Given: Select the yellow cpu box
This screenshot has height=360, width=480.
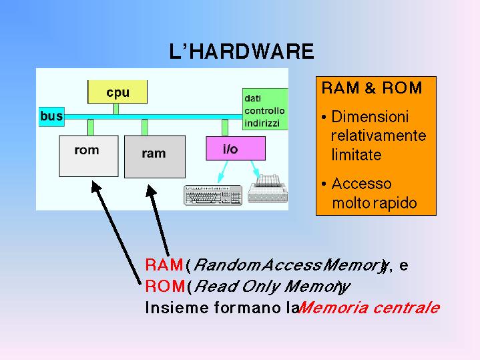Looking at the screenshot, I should coord(117,92).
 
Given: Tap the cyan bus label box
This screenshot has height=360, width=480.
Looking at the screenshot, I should coord(51,116).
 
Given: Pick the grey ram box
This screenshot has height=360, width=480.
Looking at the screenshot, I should coord(154,156).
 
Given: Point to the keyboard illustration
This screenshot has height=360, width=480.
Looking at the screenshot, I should coord(213,194).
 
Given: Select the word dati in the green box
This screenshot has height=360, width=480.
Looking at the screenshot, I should coord(252,98).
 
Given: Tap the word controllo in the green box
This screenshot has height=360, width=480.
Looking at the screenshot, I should coord(264,110).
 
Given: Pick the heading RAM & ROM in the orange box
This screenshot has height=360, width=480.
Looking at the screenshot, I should coord(372,88).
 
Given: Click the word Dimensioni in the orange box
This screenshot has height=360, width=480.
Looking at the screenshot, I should coord(370,117).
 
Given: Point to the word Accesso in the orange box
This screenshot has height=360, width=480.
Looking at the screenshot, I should coord(361,184).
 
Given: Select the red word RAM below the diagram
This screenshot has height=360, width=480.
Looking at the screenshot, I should coord(164,265).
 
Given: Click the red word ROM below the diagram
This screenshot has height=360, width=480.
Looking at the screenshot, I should coord(164,287).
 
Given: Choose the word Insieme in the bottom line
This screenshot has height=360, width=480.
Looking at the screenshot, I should coord(168,308).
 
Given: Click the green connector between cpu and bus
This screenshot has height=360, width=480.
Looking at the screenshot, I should coord(116,109).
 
